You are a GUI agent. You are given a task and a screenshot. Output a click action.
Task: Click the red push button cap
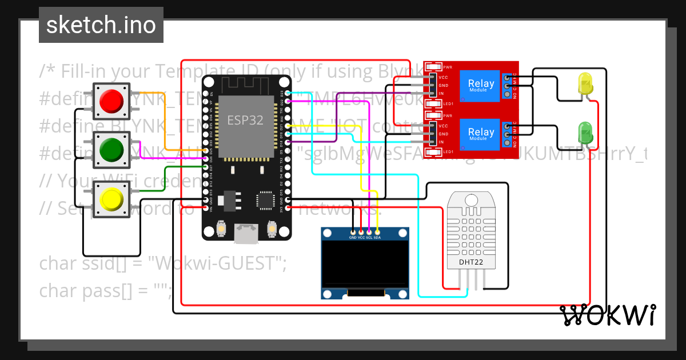[x=111, y=101]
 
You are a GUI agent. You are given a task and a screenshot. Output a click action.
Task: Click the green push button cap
[x=111, y=150]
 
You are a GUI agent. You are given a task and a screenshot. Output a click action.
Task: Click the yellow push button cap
[x=111, y=199]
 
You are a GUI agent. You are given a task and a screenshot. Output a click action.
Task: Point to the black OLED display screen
[x=365, y=264]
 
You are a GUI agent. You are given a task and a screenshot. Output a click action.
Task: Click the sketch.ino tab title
[x=101, y=25]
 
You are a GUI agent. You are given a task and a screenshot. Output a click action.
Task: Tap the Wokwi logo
[x=607, y=315]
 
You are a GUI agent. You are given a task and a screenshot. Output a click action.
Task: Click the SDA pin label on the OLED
[x=377, y=237]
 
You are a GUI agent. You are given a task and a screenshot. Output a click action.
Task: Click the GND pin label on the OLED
[x=353, y=237]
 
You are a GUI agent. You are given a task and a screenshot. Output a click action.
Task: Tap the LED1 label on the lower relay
[x=448, y=152]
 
